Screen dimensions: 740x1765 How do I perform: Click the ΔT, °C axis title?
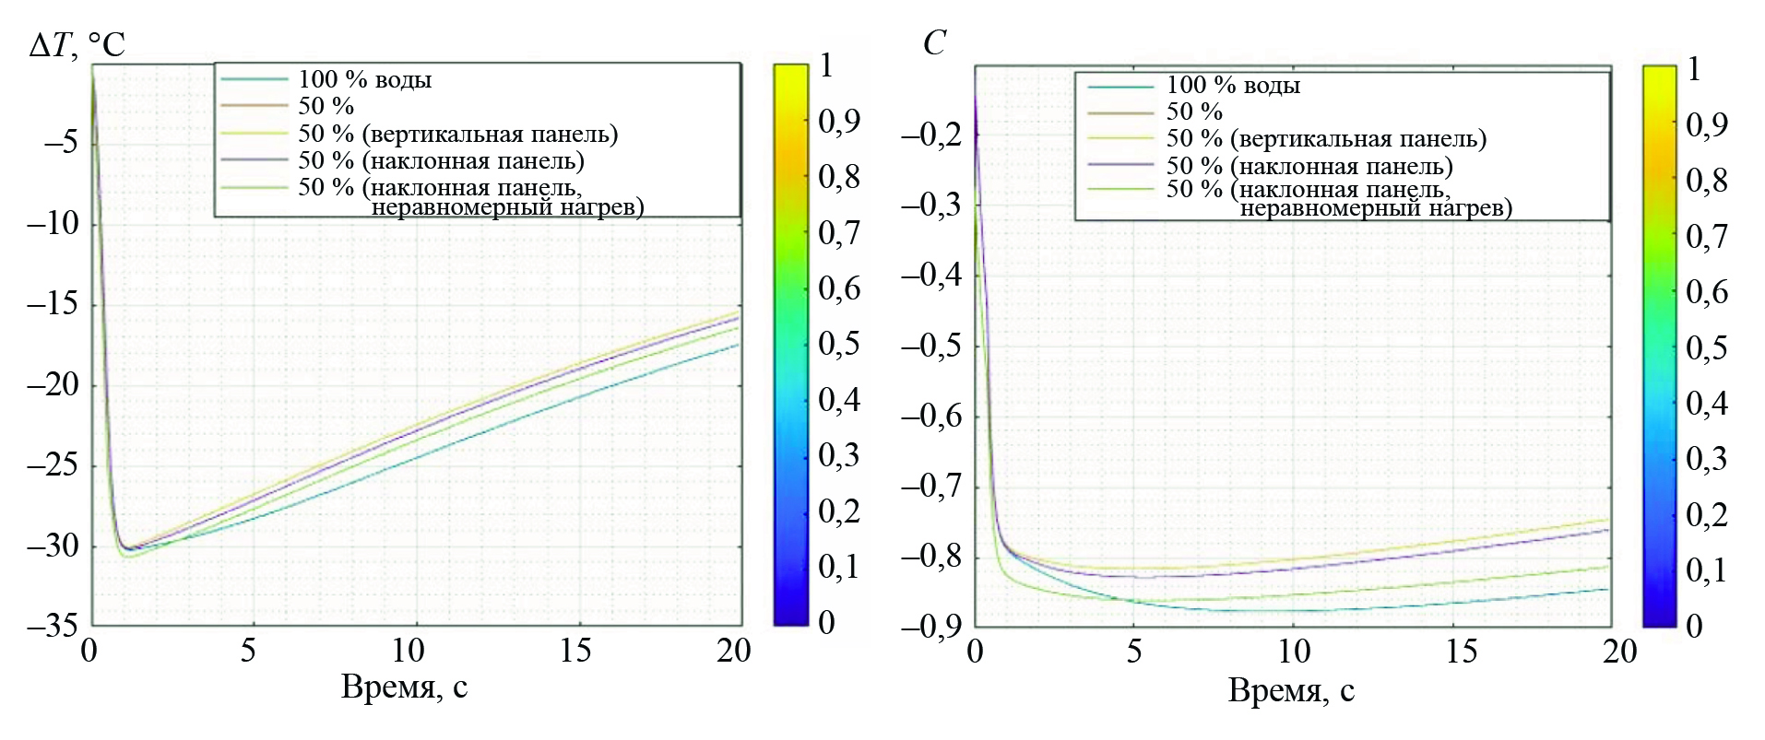click(77, 44)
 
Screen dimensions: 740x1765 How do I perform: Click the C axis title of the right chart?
click(934, 43)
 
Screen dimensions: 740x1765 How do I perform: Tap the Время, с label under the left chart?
click(404, 687)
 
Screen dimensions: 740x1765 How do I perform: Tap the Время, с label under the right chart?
click(1291, 690)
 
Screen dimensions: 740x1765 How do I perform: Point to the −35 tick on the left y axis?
click(53, 627)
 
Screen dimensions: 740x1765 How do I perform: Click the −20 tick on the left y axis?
click(53, 384)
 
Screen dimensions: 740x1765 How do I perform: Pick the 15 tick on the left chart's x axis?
click(575, 652)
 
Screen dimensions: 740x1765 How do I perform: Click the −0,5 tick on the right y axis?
click(930, 347)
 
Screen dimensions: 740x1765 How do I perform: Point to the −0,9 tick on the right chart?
click(930, 628)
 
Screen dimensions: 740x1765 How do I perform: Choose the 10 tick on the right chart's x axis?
click(1294, 652)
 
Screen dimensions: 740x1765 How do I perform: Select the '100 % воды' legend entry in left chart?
click(364, 80)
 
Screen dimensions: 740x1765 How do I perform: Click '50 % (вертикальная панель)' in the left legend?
click(457, 135)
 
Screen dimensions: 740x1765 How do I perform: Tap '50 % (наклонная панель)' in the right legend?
click(1309, 167)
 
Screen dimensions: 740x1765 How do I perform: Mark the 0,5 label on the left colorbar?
click(838, 345)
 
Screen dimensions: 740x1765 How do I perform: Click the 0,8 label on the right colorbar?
click(1706, 181)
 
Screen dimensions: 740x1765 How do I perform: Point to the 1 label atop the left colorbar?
click(826, 65)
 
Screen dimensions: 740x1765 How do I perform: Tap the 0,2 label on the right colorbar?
click(1706, 514)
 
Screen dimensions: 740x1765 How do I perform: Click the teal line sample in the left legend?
click(255, 80)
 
